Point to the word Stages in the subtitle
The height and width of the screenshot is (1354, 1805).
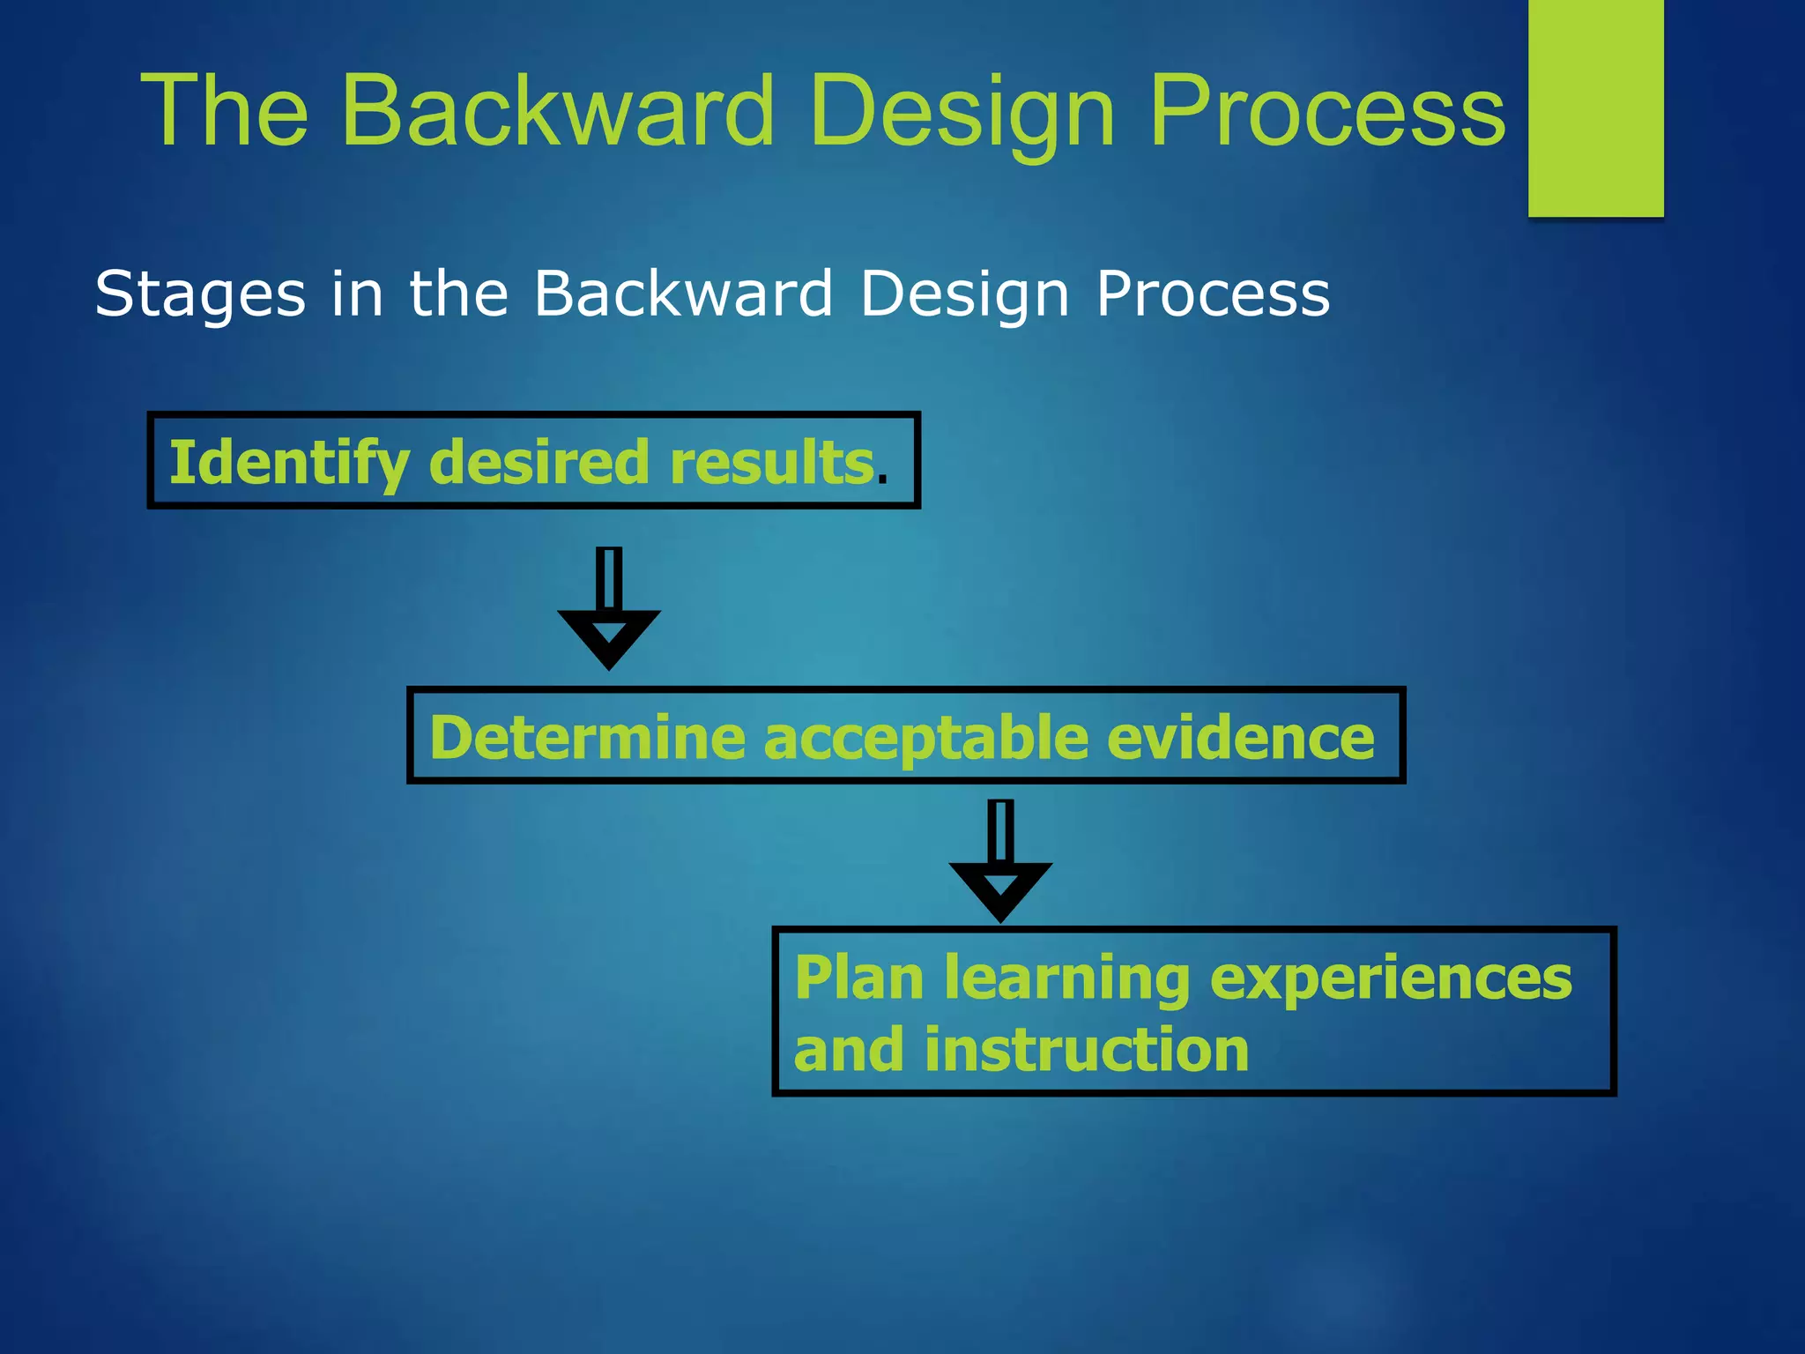click(200, 295)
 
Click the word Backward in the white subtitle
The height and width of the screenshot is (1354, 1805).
click(684, 294)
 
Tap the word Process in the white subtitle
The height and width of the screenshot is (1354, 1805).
click(1213, 294)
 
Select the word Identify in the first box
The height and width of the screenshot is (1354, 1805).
click(289, 463)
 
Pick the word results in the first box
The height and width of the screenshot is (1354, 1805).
click(771, 463)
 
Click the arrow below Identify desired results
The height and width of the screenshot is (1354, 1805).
click(609, 610)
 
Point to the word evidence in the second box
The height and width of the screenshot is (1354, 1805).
click(1240, 738)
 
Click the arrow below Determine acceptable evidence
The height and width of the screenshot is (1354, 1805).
click(1000, 862)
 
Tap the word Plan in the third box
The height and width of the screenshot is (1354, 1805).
click(859, 978)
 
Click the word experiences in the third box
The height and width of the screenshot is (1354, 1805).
click(1391, 978)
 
